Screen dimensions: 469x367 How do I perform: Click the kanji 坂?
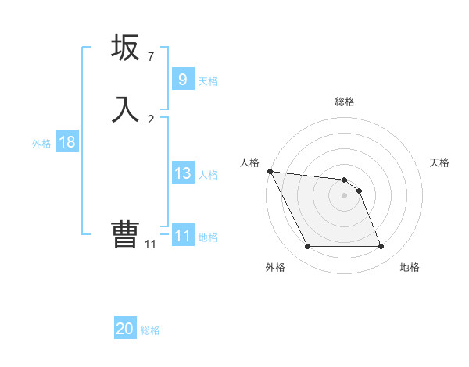(125, 48)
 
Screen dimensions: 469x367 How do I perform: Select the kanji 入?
(125, 108)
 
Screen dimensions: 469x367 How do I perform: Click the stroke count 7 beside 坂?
(151, 57)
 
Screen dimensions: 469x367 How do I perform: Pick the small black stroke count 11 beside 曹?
(151, 244)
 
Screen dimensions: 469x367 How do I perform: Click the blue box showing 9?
(182, 79)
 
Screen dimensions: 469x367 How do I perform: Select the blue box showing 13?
(182, 173)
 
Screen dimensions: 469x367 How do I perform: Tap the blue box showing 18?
(66, 142)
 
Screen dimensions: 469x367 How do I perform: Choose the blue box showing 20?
(125, 329)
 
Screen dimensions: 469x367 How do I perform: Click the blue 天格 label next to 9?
(208, 80)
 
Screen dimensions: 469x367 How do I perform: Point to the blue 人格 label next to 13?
(208, 175)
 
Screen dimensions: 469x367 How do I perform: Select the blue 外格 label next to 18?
(41, 144)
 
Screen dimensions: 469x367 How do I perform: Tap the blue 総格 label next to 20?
(150, 330)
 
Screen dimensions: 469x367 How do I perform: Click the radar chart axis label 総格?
(345, 102)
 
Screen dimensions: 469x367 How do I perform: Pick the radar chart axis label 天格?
(440, 162)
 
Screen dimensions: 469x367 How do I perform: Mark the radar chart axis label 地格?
(410, 267)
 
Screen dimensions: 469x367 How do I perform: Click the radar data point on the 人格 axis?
(270, 171)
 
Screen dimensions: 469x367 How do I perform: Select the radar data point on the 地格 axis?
(381, 247)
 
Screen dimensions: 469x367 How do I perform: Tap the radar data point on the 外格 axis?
(307, 247)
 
